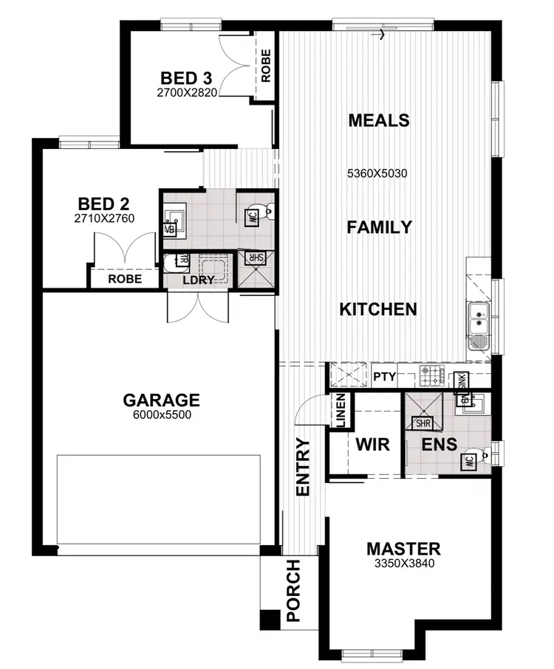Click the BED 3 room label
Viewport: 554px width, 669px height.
(x=189, y=78)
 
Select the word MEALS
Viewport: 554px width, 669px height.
(x=378, y=119)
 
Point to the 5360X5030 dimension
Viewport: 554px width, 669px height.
(x=377, y=174)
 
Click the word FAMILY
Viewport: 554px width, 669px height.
(x=379, y=227)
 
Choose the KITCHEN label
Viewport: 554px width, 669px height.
(x=378, y=309)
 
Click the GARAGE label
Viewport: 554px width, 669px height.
(x=161, y=401)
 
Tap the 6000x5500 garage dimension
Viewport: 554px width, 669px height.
(x=161, y=415)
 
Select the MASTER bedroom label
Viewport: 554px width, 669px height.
(x=403, y=549)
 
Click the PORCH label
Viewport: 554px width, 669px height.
(x=293, y=591)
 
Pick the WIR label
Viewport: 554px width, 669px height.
(x=372, y=445)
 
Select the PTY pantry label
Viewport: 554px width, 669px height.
(x=384, y=377)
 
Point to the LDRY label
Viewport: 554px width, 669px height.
(x=198, y=280)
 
